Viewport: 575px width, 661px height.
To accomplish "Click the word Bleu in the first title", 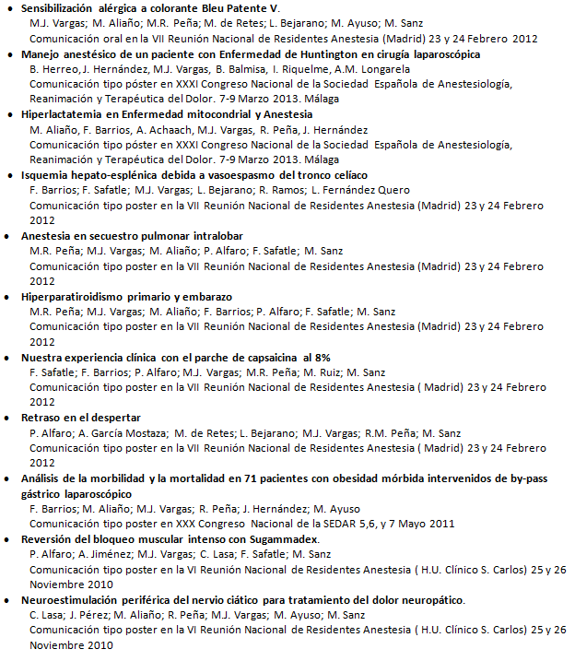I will click(213, 8).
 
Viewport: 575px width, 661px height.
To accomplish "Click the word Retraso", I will click(41, 418).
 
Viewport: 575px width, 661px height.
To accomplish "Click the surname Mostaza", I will click(138, 433).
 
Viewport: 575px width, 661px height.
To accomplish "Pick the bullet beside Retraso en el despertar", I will click(10, 419).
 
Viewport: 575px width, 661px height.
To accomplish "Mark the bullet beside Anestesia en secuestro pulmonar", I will click(10, 237).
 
